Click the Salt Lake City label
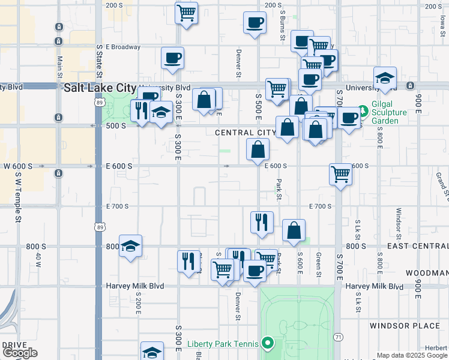coord(100,88)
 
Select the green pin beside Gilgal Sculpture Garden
coord(363,112)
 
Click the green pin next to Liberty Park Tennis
coord(268,344)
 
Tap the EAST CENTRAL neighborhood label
coord(418,246)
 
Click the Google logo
coord(20,353)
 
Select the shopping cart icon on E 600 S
coord(340,175)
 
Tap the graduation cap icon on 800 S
coord(130,246)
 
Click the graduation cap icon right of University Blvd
coord(385,78)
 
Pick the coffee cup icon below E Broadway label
coord(172,58)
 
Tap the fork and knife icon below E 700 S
coord(262,222)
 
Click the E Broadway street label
coord(123,47)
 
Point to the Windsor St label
coord(398,222)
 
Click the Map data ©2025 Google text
coord(412,355)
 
